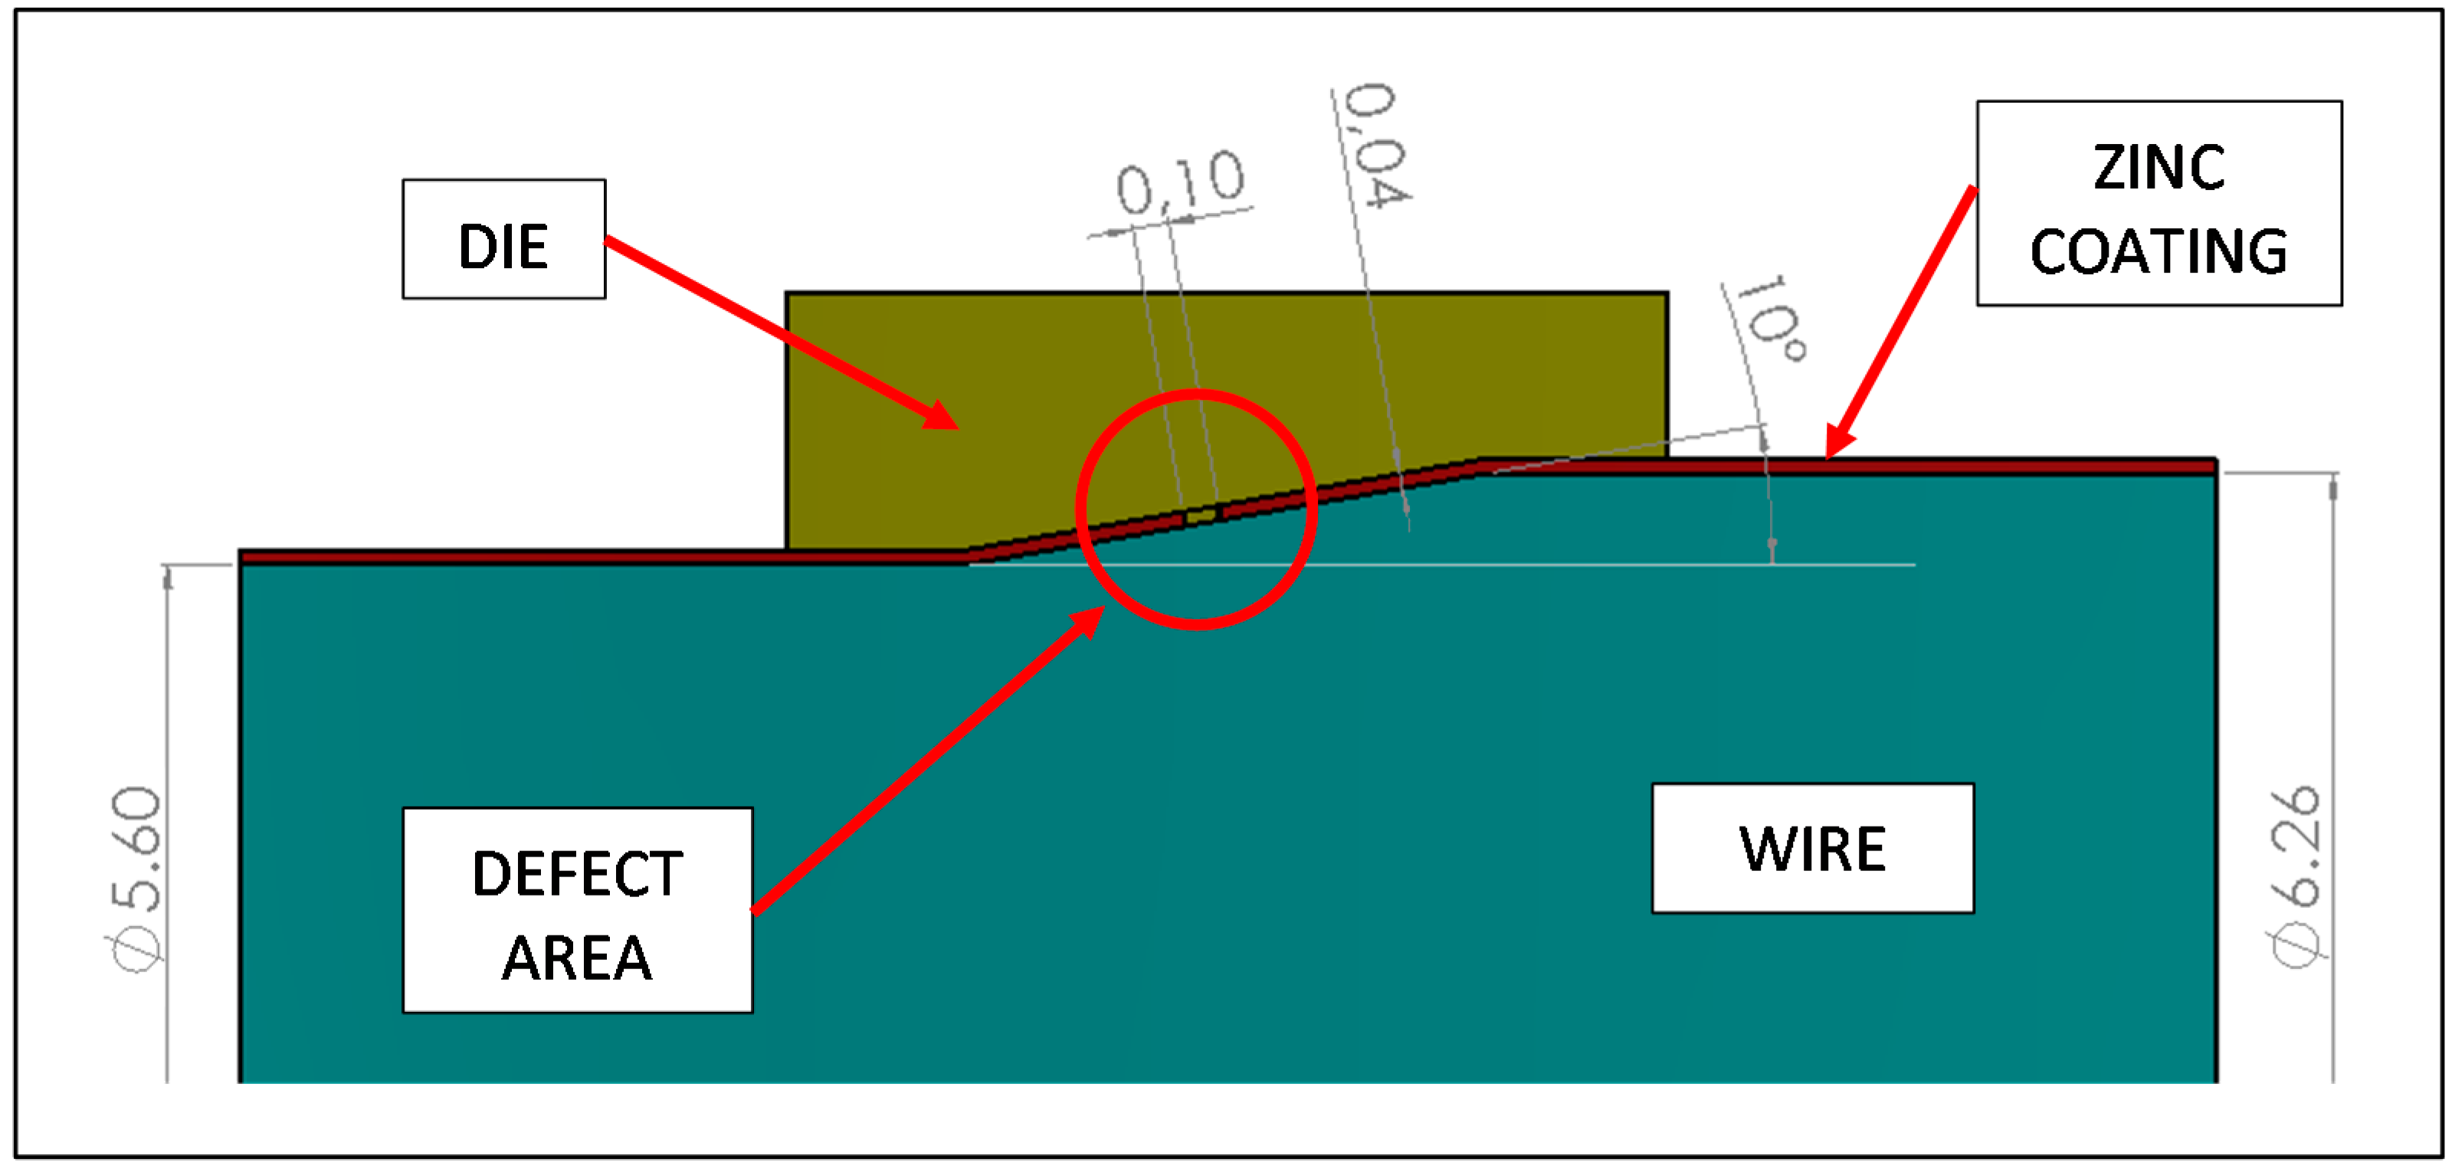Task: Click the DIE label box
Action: [503, 239]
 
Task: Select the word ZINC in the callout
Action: [2158, 168]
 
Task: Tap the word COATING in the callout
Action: [2158, 251]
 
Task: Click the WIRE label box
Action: [1812, 848]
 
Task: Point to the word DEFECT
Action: [577, 874]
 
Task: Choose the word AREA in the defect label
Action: [577, 958]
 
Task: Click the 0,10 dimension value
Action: [1180, 181]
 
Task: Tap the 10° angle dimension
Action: [1769, 319]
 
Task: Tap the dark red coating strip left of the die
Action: [571, 556]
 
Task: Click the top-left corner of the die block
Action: [787, 294]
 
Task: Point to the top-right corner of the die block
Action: [1667, 294]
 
